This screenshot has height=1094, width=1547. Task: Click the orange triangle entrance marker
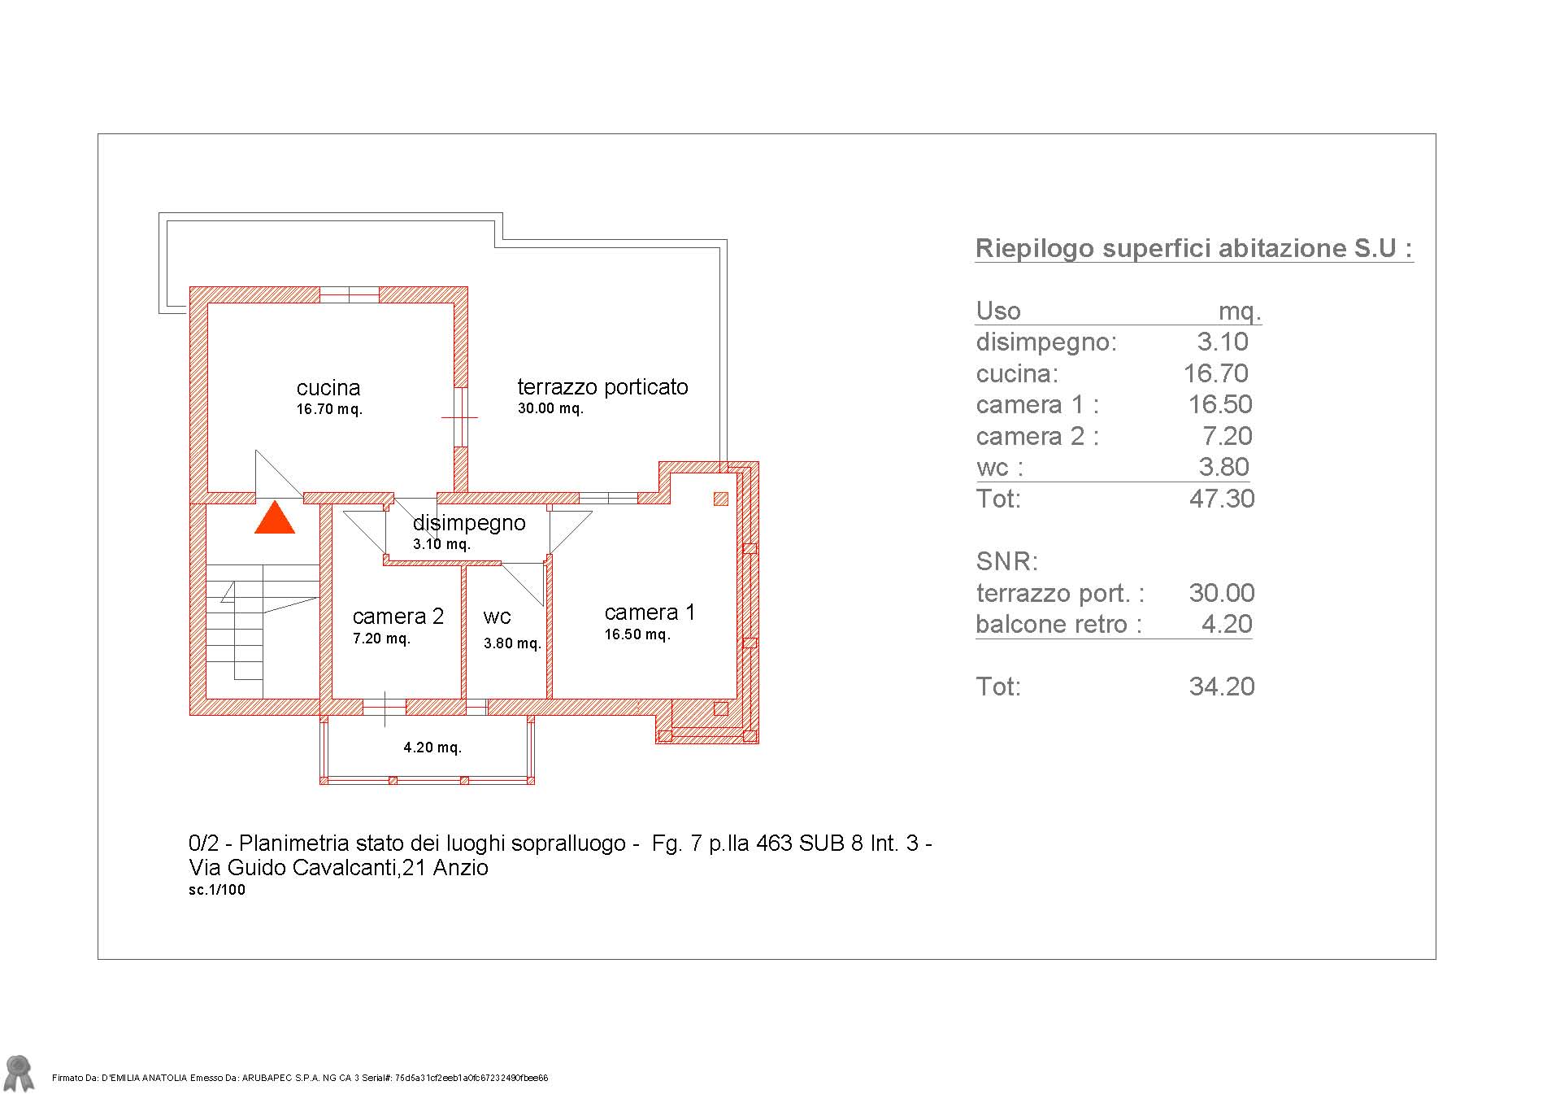(275, 517)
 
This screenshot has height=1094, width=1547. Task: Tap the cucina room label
(328, 388)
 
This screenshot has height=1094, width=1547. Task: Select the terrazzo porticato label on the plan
(603, 387)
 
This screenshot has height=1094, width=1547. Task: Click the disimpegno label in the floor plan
(469, 523)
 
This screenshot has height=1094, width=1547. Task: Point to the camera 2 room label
(398, 617)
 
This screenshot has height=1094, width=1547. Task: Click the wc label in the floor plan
(497, 617)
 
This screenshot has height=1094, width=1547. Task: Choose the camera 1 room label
(650, 612)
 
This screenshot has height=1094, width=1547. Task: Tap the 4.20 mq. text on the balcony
(432, 747)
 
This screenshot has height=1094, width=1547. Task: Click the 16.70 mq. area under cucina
(329, 409)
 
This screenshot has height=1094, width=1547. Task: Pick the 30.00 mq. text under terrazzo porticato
(550, 408)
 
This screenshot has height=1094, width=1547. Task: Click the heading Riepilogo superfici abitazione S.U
(1193, 248)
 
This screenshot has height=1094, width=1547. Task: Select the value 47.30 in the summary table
(1222, 499)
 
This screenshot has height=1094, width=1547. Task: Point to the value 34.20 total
(1222, 686)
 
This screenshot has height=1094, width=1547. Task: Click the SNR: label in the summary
(1007, 561)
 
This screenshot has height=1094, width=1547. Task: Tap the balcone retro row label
(1058, 625)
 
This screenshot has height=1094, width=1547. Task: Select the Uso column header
(998, 311)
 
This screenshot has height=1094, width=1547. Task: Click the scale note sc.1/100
(217, 890)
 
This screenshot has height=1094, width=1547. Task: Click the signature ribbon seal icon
(19, 1073)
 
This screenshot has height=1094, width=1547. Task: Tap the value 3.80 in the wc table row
(1224, 467)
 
